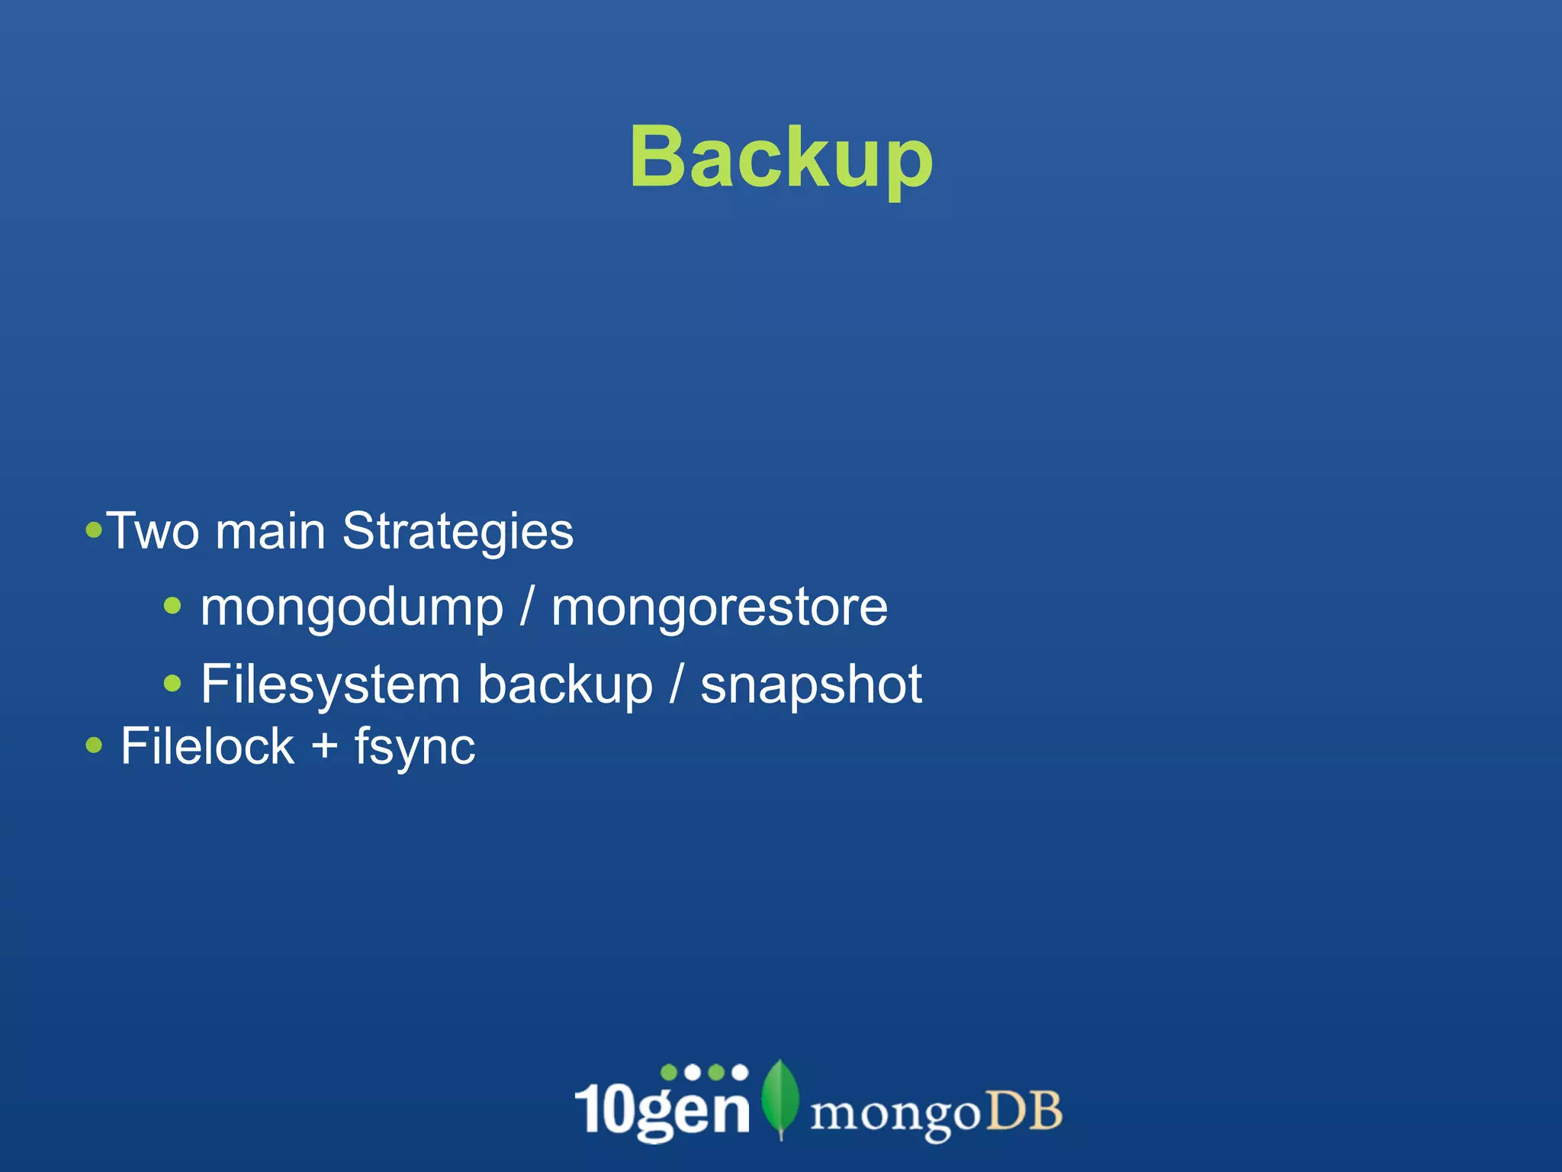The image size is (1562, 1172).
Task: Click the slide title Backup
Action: tap(781, 157)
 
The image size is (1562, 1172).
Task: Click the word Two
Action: tap(153, 531)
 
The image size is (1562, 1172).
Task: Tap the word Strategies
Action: tap(458, 531)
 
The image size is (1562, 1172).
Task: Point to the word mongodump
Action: tap(352, 609)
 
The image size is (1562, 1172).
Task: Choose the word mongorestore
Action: tap(719, 609)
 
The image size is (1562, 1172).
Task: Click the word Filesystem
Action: tap(330, 685)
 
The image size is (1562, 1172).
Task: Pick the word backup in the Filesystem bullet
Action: tap(565, 684)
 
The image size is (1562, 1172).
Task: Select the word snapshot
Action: tap(812, 685)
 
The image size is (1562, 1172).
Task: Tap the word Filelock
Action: tap(207, 746)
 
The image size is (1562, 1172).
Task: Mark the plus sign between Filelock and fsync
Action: tap(324, 745)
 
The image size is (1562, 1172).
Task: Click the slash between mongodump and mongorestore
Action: tap(526, 608)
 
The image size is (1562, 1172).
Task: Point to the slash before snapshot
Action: tap(676, 684)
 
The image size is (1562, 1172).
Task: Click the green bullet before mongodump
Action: tap(173, 607)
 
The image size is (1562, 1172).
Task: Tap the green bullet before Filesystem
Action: tap(173, 683)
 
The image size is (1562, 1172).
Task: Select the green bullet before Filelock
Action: tap(94, 745)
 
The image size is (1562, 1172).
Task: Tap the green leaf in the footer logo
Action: tap(780, 1097)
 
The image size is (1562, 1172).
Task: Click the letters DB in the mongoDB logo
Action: tap(1024, 1111)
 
